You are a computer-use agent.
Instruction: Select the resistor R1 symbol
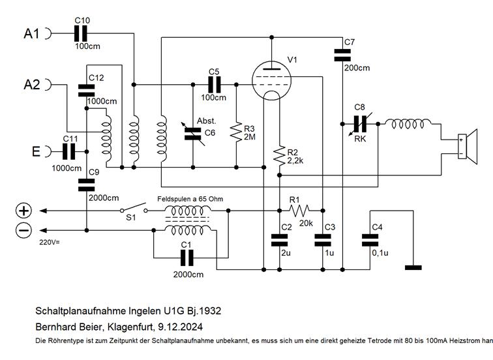tap(301, 211)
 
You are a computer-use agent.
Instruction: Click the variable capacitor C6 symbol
tap(193, 133)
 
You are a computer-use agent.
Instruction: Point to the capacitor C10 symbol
tap(82, 33)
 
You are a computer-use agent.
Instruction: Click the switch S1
tap(133, 211)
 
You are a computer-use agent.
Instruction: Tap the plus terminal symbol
tap(23, 211)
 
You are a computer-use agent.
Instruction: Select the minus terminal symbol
tap(23, 230)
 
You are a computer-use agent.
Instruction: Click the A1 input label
tap(33, 33)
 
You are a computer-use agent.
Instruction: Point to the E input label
tap(37, 152)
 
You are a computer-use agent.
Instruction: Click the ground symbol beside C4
tap(413, 267)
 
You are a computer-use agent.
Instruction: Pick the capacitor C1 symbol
tap(190, 257)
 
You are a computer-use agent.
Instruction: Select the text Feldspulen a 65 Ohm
tap(187, 198)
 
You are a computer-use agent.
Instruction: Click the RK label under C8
tap(359, 138)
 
